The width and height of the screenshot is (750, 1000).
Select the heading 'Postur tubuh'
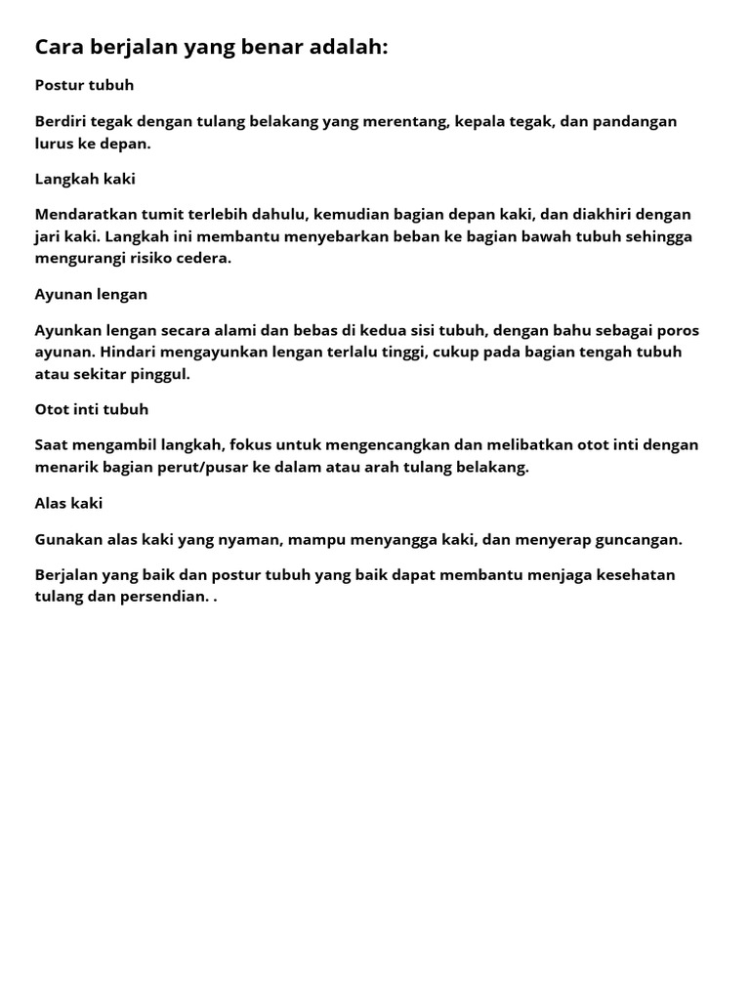pyautogui.click(x=84, y=85)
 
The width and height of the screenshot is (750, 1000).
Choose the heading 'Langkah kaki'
pyautogui.click(x=85, y=179)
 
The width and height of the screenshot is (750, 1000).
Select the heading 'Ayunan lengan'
pyautogui.click(x=91, y=294)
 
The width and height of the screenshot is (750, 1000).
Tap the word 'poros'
pyautogui.click(x=675, y=330)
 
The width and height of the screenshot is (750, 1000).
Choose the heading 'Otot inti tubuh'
pyautogui.click(x=92, y=409)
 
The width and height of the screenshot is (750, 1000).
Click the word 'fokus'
pyautogui.click(x=251, y=444)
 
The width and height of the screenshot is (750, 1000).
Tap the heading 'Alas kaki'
pyautogui.click(x=68, y=503)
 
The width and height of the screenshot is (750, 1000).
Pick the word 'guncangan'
pyautogui.click(x=636, y=539)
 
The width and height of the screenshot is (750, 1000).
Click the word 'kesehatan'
pyautogui.click(x=631, y=574)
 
